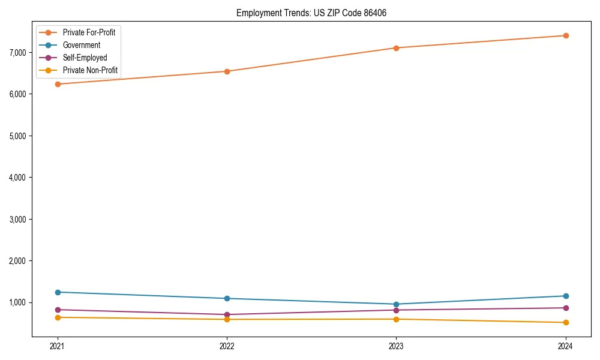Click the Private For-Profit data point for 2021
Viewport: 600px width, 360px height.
pos(58,84)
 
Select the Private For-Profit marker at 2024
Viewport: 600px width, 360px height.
pos(566,35)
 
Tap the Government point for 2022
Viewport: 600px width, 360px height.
pos(227,298)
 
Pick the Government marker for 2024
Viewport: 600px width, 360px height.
pos(566,296)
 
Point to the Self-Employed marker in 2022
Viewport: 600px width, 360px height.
pos(227,314)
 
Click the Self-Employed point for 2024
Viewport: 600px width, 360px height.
pos(566,308)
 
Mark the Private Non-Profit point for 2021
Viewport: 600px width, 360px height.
pos(58,317)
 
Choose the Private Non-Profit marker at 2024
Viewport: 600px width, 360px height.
pos(566,323)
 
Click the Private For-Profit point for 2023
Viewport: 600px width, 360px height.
pos(396,48)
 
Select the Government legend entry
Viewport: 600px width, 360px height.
pos(81,45)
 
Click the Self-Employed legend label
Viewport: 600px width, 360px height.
pos(85,58)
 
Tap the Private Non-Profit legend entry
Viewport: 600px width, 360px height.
pos(90,71)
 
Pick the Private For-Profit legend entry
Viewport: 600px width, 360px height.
pos(89,32)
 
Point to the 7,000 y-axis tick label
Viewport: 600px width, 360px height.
pos(18,53)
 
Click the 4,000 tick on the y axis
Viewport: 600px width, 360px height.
pos(18,178)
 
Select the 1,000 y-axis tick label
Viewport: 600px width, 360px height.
pos(18,302)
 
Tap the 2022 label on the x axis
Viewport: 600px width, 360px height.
pos(227,346)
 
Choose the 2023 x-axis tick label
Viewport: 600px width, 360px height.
pos(396,346)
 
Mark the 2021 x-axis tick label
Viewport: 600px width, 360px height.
pos(58,346)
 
